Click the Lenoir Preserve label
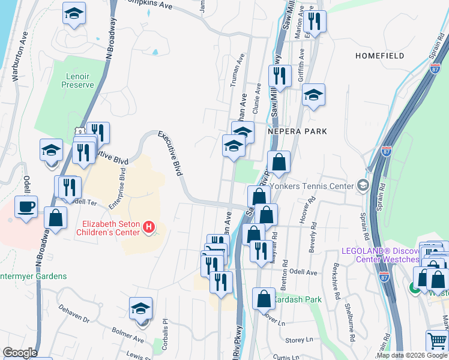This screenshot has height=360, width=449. point(77,80)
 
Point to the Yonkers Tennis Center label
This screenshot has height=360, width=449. point(312,186)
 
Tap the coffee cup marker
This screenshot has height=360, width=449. point(26,208)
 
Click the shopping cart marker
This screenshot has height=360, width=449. point(437,341)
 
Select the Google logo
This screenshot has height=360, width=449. point(20,353)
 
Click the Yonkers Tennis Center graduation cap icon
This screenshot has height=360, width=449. point(363,186)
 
